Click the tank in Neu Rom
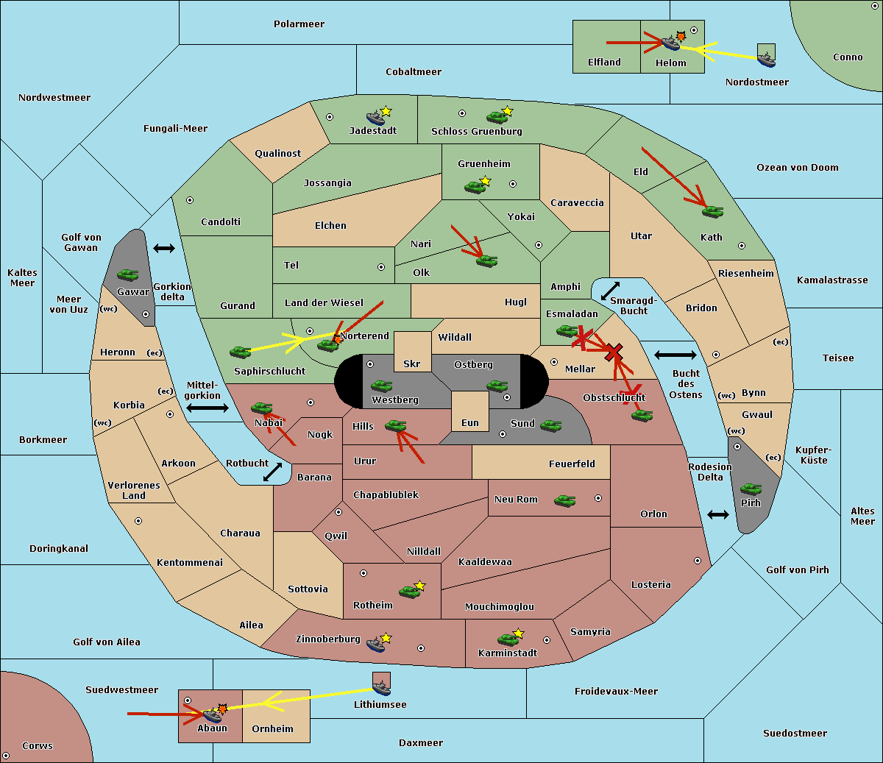[x=564, y=500]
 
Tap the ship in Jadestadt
[x=375, y=118]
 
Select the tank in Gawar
[x=128, y=274]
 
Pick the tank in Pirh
[x=751, y=489]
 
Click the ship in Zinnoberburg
[x=376, y=645]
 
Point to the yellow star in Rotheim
[x=419, y=585]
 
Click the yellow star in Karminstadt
[x=518, y=633]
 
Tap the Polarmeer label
[x=299, y=24]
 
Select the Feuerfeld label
[x=572, y=464]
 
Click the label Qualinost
[x=277, y=153]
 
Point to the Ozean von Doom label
[x=797, y=168]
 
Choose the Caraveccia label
[x=577, y=202]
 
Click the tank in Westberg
[x=381, y=386]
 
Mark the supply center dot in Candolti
[x=190, y=200]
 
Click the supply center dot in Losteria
[x=697, y=561]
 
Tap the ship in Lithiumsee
[x=381, y=688]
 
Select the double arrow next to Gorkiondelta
[x=164, y=248]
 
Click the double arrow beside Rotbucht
[x=272, y=472]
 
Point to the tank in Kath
[x=712, y=211]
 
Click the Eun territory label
[x=470, y=422]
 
